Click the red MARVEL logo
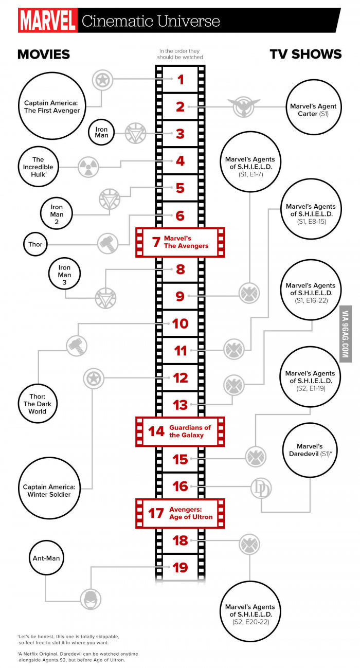47,20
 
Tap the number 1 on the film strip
181,80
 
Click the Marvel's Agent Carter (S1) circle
313,107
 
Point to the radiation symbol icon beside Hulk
88,167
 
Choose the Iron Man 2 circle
57,213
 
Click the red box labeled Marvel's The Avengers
180,242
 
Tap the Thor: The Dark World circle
38,404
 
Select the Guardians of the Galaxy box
180,431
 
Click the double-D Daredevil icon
261,488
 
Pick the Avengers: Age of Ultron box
180,513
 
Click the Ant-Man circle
46,558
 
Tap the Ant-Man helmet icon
91,599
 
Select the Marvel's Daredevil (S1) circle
310,450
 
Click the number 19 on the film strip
180,568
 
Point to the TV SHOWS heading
305,55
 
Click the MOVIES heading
44,55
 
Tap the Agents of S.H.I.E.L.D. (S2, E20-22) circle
250,610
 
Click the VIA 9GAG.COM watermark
346,334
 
